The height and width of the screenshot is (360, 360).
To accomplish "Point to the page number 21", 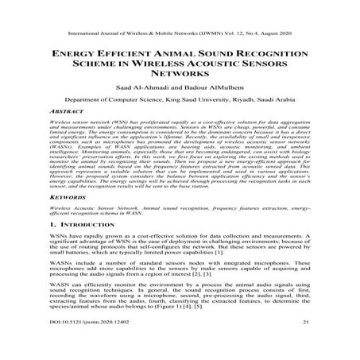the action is point(306,347).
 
